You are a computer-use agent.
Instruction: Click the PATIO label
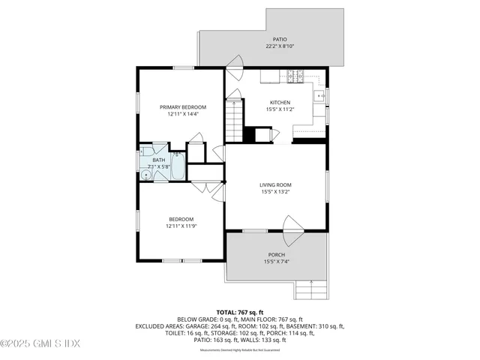[280, 40]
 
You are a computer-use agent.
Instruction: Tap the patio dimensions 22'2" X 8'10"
[280, 46]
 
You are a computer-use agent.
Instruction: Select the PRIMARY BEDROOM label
[182, 107]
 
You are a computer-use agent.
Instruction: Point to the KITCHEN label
[280, 102]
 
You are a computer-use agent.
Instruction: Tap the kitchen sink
[321, 97]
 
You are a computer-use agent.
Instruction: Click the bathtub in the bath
[178, 166]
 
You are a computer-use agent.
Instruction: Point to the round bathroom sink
[144, 160]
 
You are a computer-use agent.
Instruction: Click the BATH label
[159, 160]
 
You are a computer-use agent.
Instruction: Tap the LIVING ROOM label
[275, 184]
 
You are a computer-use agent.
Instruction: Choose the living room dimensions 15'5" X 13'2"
[275, 192]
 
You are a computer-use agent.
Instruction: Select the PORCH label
[277, 254]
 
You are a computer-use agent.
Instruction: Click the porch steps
[310, 289]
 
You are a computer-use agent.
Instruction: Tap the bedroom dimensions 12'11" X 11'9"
[182, 226]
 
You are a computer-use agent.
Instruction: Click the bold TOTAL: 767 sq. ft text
[239, 311]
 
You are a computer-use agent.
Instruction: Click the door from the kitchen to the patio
[235, 70]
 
